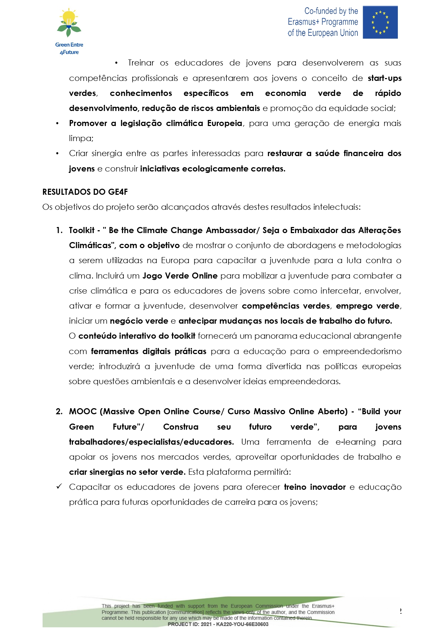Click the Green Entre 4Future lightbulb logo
(x=69, y=23)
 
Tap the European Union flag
(x=380, y=22)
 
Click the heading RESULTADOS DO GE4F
(x=85, y=192)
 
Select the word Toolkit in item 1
(x=82, y=230)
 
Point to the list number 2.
(x=59, y=412)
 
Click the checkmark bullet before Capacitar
(x=59, y=487)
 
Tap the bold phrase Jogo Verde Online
(x=180, y=276)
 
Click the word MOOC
(x=83, y=412)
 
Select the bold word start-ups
(x=385, y=78)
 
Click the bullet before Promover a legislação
(x=57, y=124)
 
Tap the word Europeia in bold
(x=225, y=124)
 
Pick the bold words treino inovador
(x=314, y=487)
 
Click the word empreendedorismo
(x=362, y=351)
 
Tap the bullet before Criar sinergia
(x=57, y=154)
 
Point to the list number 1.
(x=59, y=230)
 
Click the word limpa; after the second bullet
(x=81, y=139)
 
